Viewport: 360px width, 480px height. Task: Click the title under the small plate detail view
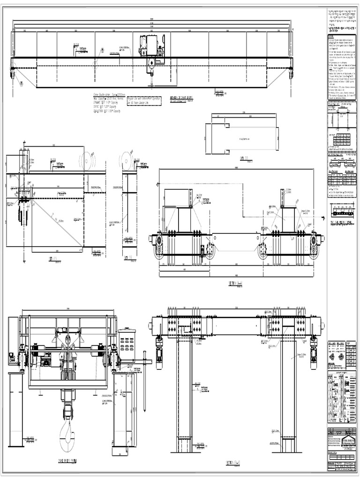coord(243,158)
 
